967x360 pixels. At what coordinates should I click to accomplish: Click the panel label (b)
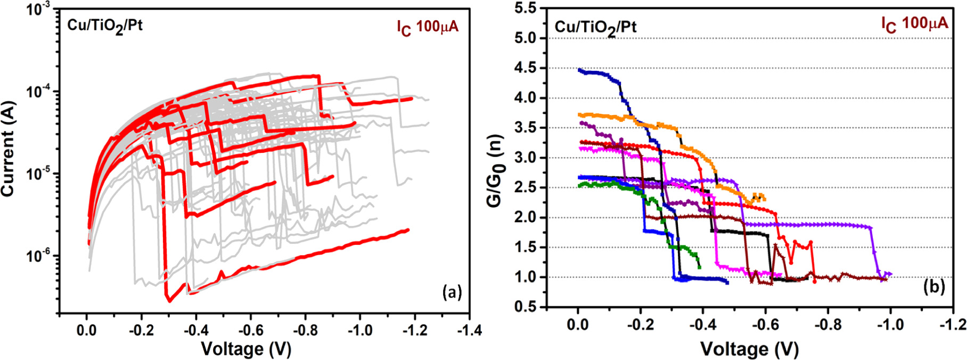(x=934, y=287)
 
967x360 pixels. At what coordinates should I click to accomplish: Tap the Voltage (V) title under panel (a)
(x=245, y=349)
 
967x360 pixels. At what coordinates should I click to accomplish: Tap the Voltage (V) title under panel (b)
(x=749, y=349)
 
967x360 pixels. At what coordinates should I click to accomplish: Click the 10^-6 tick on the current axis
(x=39, y=256)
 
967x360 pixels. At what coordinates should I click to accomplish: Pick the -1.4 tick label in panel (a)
(x=468, y=330)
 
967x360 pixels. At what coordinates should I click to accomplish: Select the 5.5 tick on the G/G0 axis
(x=527, y=9)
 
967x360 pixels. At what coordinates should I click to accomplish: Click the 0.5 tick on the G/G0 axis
(x=527, y=307)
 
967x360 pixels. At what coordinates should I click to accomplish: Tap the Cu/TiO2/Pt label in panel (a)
(x=105, y=26)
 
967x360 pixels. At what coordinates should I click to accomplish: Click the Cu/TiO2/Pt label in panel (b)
(x=595, y=27)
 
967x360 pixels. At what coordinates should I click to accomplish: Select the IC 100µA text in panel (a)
(x=427, y=27)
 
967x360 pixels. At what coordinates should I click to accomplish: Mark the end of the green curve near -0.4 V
(x=699, y=266)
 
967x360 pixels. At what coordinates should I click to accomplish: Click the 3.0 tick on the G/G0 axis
(x=527, y=158)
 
